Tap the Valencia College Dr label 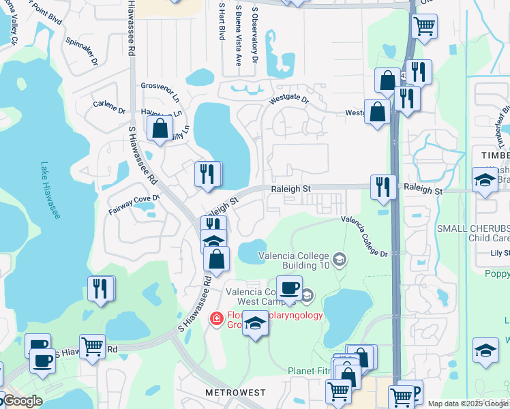click(364, 237)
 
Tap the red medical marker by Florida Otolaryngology click(216, 318)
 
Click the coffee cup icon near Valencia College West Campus click(289, 288)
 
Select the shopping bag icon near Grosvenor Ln click(160, 128)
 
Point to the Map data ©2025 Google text click(467, 404)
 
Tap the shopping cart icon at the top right click(424, 27)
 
